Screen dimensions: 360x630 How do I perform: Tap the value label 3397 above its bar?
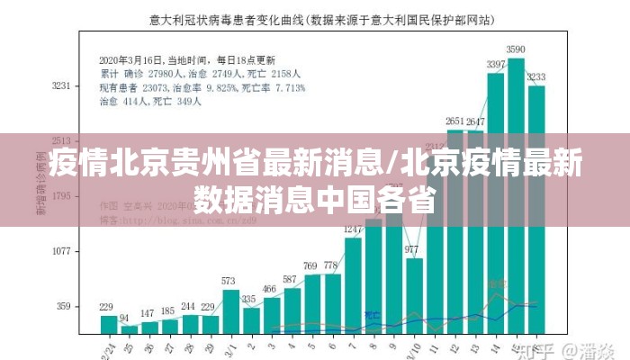[x=496, y=65]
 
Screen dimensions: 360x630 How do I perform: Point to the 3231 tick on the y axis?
[x=60, y=86]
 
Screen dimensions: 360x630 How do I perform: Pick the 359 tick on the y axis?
[x=63, y=306]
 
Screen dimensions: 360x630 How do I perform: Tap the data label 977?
[x=412, y=249]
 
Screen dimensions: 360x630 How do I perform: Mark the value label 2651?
[x=455, y=121]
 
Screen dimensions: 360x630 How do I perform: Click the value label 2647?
[x=476, y=121]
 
